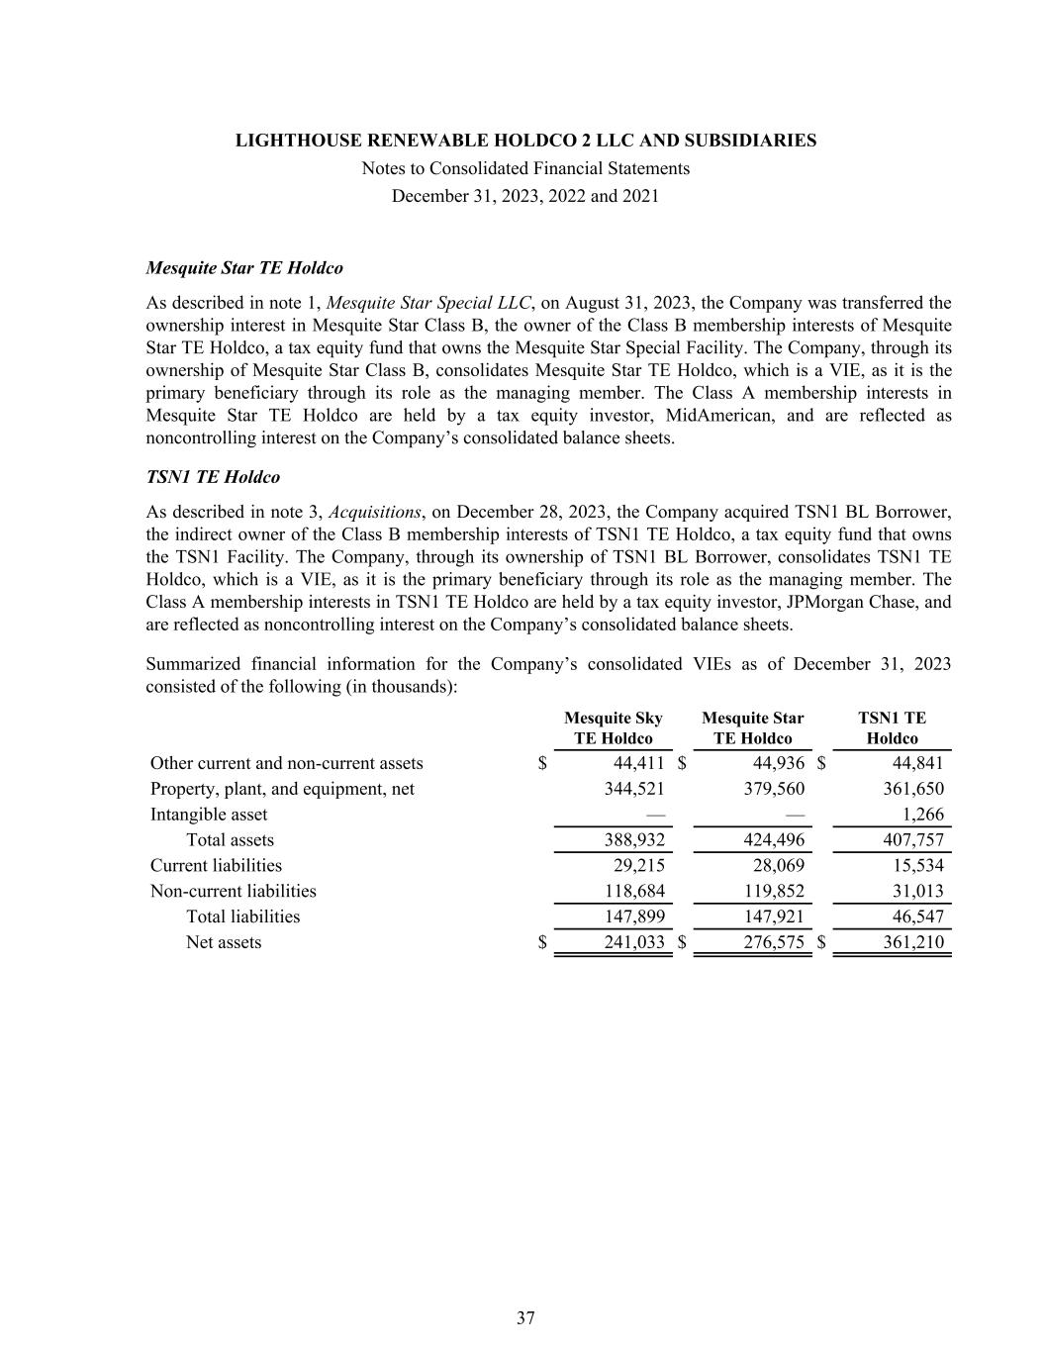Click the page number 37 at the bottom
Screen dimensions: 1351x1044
[x=525, y=1317]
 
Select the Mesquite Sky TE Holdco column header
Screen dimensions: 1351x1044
[x=613, y=728]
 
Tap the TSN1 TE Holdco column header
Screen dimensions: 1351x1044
[x=892, y=728]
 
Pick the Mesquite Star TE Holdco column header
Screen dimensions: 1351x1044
[x=752, y=728]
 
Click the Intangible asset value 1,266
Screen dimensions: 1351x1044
[x=924, y=815]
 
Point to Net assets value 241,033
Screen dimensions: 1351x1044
[x=634, y=942]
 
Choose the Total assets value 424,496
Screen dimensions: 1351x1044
[x=774, y=840]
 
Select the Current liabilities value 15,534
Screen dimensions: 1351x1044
[x=917, y=866]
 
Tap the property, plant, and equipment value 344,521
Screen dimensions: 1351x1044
[x=634, y=789]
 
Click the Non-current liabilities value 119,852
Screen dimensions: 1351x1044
[x=774, y=891]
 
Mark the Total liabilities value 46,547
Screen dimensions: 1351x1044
[x=917, y=917]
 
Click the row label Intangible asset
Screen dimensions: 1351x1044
[x=209, y=815]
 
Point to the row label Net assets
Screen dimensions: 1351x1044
[x=224, y=942]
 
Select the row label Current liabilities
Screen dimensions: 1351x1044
[x=216, y=866]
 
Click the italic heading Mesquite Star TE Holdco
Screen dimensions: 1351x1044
[x=244, y=268]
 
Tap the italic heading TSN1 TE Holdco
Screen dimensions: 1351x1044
[x=213, y=477]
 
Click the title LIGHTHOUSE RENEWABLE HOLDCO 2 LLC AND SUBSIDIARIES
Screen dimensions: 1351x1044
[x=525, y=141]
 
